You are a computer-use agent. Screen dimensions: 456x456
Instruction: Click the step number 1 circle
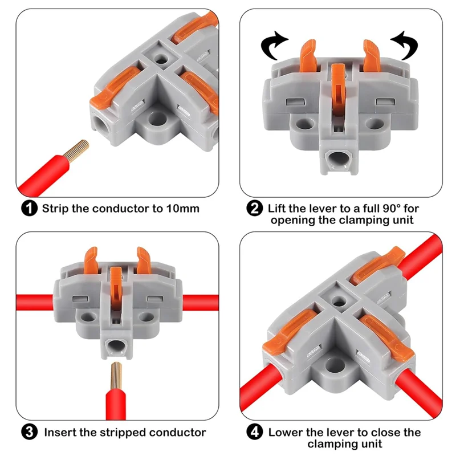(30, 209)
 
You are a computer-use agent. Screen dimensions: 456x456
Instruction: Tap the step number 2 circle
(254, 209)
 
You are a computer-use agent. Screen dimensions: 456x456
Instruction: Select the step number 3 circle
(30, 432)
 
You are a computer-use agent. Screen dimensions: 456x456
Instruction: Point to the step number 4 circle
(254, 433)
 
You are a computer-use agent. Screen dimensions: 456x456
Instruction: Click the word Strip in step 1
(56, 209)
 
